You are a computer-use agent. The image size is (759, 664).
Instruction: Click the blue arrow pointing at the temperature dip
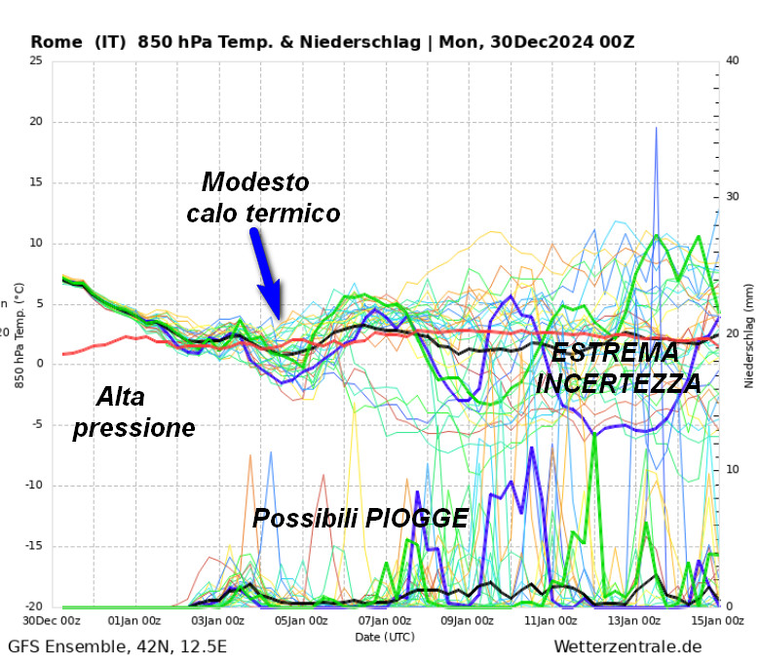coord(265,271)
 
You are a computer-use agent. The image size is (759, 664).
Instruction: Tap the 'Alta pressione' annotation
coord(134,412)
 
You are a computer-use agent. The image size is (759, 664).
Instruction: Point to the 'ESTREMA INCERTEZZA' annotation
coord(619,368)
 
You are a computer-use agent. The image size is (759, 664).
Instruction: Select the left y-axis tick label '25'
coord(36,60)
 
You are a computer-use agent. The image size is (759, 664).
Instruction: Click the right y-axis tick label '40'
coord(734,60)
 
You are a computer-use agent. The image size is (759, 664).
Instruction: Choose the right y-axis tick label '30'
coord(734,197)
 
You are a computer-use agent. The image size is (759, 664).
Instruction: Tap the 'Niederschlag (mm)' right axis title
coord(748,333)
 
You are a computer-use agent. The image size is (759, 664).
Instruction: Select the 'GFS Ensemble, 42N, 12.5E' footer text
coord(117,647)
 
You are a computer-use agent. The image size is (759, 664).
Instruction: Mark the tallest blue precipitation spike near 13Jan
coord(656,132)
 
